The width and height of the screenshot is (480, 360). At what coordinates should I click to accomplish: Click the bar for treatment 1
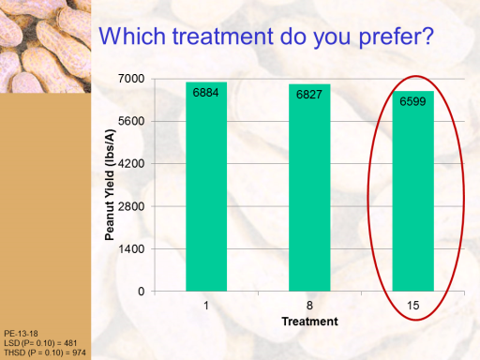point(206,187)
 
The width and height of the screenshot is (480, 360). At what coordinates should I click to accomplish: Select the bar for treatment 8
point(309,187)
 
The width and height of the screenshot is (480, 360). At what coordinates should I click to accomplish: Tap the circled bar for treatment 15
point(413,191)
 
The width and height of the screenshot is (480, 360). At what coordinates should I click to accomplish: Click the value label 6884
point(205,93)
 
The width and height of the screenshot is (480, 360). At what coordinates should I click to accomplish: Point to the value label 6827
point(309,95)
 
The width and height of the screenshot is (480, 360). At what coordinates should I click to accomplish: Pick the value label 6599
point(412,101)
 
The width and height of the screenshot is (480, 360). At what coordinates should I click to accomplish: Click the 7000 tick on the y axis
point(131,79)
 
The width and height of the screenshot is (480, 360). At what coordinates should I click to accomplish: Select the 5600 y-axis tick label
point(131,121)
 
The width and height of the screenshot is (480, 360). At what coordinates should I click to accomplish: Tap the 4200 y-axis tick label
point(131,164)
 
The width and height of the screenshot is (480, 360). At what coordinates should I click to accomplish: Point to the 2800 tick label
point(131,206)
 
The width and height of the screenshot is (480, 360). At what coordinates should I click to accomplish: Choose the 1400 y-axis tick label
point(131,249)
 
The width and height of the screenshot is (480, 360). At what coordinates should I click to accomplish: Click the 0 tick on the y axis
point(142,292)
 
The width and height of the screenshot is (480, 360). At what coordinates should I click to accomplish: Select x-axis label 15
point(412,306)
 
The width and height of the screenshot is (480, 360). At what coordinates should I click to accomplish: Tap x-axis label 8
point(309,306)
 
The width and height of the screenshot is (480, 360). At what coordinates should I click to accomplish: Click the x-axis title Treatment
point(309,322)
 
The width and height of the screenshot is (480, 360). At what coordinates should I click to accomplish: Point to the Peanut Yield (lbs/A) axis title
point(110,185)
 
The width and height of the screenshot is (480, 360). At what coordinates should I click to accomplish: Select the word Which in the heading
point(132,36)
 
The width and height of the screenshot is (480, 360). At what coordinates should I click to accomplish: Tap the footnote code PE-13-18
point(21,334)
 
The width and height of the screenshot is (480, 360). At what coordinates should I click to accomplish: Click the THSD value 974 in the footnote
point(79,352)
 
